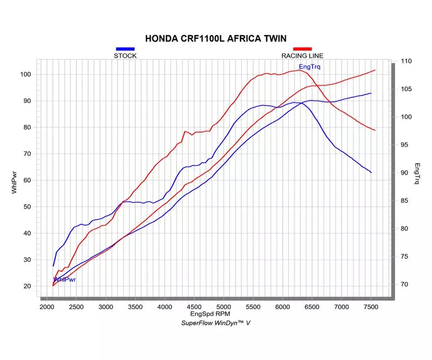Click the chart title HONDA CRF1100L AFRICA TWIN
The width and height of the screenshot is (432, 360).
pos(216,38)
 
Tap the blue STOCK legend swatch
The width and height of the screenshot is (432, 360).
pos(125,49)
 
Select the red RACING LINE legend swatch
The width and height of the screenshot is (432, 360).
pos(302,49)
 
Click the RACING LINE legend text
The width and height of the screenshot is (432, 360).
pos(302,56)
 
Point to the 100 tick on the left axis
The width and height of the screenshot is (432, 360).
pos(25,74)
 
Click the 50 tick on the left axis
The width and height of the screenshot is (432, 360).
pos(27,207)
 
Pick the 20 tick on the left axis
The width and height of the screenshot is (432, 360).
pos(27,286)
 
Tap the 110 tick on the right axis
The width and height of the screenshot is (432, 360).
pos(406,61)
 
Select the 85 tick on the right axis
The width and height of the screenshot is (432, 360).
pos(404,200)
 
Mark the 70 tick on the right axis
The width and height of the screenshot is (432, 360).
pos(404,284)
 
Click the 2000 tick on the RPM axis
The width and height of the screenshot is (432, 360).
pos(47,307)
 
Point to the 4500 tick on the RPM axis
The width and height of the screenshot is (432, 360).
pos(194,307)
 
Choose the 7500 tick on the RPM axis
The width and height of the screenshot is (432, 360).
pos(371,307)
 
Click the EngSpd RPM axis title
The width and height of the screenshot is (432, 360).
pos(210,314)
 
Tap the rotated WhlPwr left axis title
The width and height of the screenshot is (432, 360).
pos(14,182)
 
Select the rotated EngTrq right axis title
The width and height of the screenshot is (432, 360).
pos(417,173)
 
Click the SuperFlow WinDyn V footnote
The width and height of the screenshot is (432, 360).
pos(216,323)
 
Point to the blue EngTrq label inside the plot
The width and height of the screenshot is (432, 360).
pos(310,67)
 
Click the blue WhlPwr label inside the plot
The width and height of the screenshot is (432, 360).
pos(65,280)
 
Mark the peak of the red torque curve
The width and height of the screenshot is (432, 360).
pos(300,70)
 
